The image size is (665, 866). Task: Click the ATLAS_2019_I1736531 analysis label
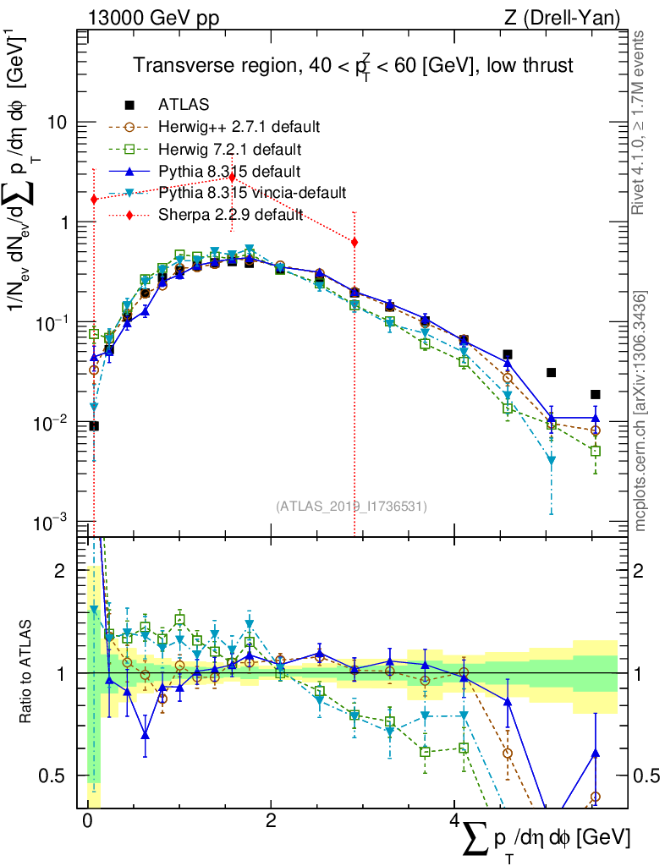coord(351,507)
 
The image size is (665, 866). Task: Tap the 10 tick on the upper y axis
coord(57,123)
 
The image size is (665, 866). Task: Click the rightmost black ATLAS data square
coord(596,394)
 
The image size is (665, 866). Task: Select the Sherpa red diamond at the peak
coord(231,177)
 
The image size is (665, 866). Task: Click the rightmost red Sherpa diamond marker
coord(354,242)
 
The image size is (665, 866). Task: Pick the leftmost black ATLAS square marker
coord(94,426)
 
